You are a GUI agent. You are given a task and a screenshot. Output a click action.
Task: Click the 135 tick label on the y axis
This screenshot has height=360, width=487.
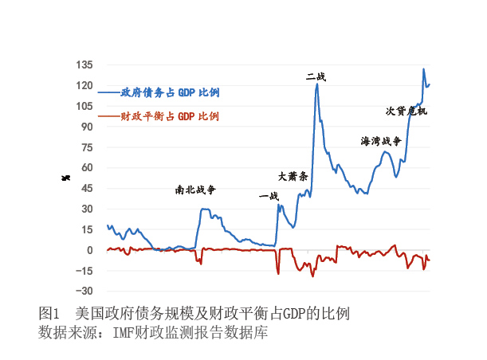[x=84, y=65]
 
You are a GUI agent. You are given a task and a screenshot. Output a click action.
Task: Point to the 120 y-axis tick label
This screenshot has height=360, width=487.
[x=84, y=85]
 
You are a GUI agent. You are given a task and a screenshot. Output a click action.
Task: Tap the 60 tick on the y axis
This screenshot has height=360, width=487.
[x=86, y=167]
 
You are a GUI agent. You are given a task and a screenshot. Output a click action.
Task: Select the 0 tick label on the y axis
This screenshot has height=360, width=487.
[x=89, y=250]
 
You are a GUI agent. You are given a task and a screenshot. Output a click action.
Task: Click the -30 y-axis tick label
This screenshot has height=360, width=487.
[x=84, y=291]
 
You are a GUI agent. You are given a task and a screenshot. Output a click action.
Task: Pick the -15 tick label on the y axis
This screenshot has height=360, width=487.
[x=84, y=271]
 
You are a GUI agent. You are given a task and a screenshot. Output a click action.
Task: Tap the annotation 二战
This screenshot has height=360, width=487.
[x=316, y=76]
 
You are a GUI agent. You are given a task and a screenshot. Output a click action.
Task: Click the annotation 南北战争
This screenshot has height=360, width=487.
[x=195, y=190]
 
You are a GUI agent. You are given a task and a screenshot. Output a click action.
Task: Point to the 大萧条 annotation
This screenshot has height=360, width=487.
[x=293, y=176]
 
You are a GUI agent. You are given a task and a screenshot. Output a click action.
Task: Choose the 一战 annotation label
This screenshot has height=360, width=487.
[x=269, y=196]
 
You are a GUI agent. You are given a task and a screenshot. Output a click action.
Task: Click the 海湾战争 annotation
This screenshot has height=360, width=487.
[x=380, y=141]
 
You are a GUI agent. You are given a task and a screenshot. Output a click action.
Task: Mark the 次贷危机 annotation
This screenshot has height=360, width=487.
[x=406, y=111]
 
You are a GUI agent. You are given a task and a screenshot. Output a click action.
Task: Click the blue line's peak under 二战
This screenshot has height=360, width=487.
[x=316, y=84]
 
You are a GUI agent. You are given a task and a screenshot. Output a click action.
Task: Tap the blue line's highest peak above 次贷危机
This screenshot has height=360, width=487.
[x=423, y=69]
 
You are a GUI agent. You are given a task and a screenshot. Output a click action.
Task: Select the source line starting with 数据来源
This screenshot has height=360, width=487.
[x=152, y=331]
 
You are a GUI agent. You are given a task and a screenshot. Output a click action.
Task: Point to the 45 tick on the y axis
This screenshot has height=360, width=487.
[x=86, y=188]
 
